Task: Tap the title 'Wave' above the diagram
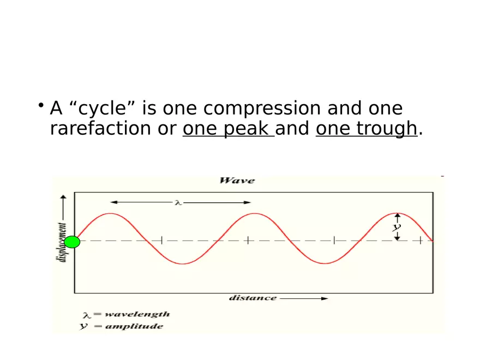coord(237,181)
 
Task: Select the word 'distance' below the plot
coord(253,298)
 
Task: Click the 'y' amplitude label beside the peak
coord(397,227)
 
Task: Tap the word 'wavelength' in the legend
coord(136,315)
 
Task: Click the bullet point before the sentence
coord(41,105)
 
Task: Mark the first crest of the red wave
coord(112,214)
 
